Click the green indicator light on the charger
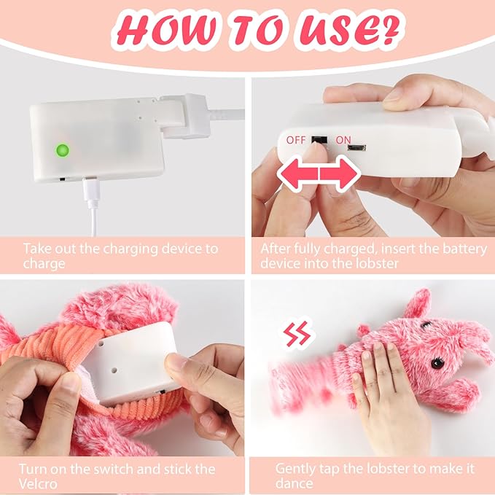tap(62, 150)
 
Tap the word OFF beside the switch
tap(296, 140)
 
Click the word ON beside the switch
tap(343, 140)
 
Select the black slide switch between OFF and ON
tap(319, 140)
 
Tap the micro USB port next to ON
tap(356, 147)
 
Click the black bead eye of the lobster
tap(437, 363)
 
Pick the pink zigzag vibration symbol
tap(297, 335)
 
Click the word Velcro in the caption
tap(38, 483)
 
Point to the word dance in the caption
tap(294, 483)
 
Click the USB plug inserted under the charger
tap(92, 192)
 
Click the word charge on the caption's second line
tap(44, 264)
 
